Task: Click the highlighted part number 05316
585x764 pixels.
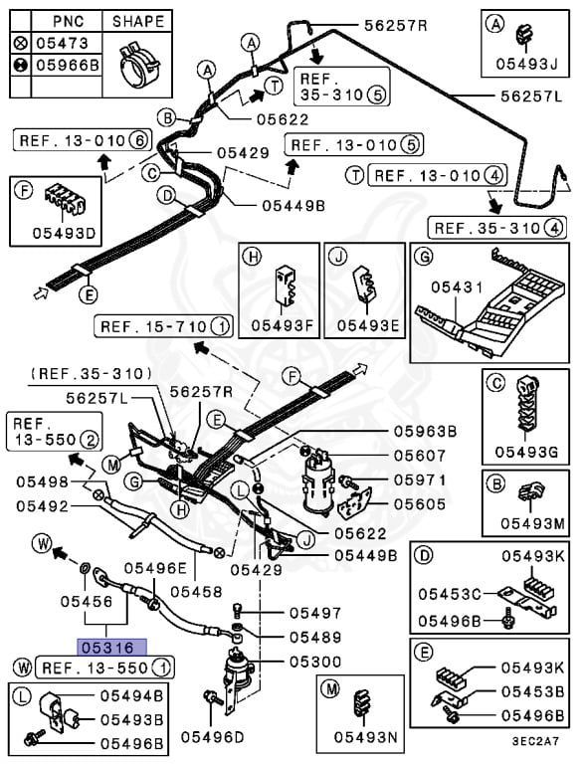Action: tap(111, 648)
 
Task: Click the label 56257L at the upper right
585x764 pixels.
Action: tap(532, 95)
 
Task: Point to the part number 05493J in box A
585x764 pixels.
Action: tap(526, 64)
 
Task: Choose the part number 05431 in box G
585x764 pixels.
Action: tap(457, 287)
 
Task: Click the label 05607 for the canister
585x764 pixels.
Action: tap(420, 456)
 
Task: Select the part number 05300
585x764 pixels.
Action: tap(315, 662)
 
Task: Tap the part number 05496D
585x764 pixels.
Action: tap(212, 737)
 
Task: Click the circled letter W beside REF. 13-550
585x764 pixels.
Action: tap(23, 668)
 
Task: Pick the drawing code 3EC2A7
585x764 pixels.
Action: tap(535, 741)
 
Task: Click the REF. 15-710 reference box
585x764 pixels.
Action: tap(163, 326)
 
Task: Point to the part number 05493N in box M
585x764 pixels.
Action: tap(365, 737)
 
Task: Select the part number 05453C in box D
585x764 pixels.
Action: tap(450, 595)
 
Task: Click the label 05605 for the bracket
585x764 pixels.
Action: tap(420, 504)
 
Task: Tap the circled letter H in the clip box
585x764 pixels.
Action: tap(253, 257)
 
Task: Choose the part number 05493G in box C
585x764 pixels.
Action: tap(526, 452)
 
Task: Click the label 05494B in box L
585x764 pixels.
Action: tap(131, 695)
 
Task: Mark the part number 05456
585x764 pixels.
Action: tap(87, 601)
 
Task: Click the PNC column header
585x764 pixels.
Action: tap(69, 22)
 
